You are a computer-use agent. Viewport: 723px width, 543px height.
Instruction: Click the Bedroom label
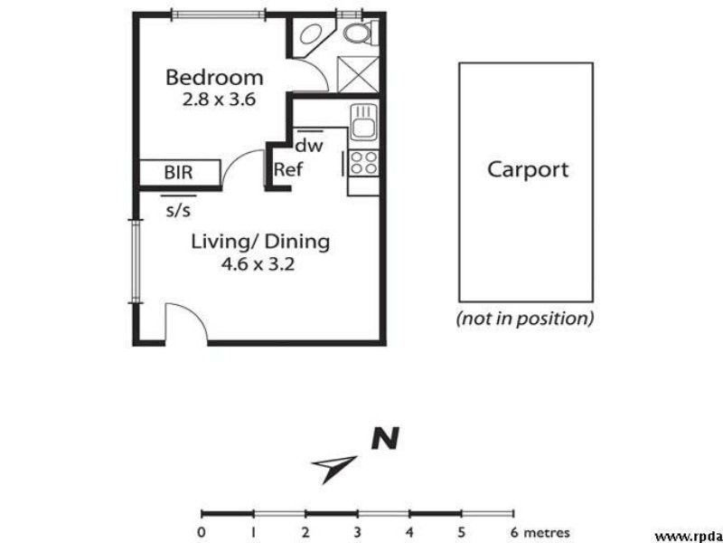click(214, 78)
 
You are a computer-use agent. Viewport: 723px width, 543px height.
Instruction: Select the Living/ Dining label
click(260, 243)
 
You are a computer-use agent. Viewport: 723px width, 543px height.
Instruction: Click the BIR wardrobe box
click(178, 172)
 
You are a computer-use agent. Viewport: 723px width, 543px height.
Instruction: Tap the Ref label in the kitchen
click(288, 169)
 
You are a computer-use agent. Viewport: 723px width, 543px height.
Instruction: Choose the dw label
click(309, 145)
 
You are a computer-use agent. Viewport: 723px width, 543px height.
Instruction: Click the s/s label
click(179, 211)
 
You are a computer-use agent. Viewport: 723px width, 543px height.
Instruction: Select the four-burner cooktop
click(363, 163)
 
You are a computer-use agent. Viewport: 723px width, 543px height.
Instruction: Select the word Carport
click(528, 169)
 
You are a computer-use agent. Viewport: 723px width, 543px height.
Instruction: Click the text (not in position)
click(525, 319)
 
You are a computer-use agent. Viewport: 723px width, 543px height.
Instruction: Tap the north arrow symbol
click(333, 466)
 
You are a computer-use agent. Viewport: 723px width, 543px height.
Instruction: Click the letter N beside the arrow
click(385, 440)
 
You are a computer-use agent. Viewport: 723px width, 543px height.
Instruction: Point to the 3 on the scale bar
click(358, 532)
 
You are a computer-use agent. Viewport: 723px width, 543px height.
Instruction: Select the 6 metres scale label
click(540, 532)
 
